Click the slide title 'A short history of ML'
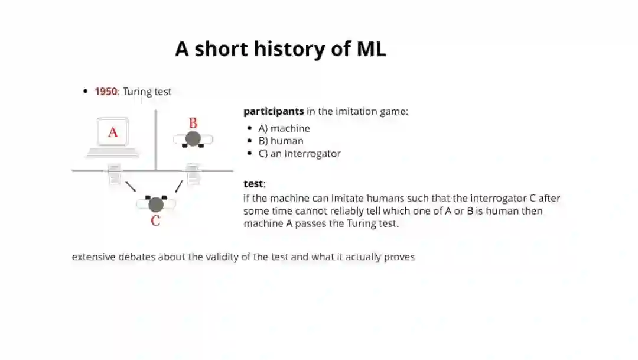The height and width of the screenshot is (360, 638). coord(281,49)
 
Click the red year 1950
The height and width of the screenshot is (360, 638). coord(106,92)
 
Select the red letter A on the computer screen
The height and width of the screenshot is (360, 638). coord(113,132)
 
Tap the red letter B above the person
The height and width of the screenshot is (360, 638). coord(193,124)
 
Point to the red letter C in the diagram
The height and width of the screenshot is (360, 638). coord(155,221)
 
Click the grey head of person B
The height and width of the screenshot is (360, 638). coord(193,139)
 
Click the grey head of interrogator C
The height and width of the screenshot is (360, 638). coord(156,205)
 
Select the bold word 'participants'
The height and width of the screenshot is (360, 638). coord(274,111)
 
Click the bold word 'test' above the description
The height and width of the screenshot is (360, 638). coord(253,184)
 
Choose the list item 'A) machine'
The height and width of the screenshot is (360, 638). coord(284,128)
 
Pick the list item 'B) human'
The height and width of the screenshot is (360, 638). coord(281,141)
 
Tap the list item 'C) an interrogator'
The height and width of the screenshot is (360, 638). coord(299,154)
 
